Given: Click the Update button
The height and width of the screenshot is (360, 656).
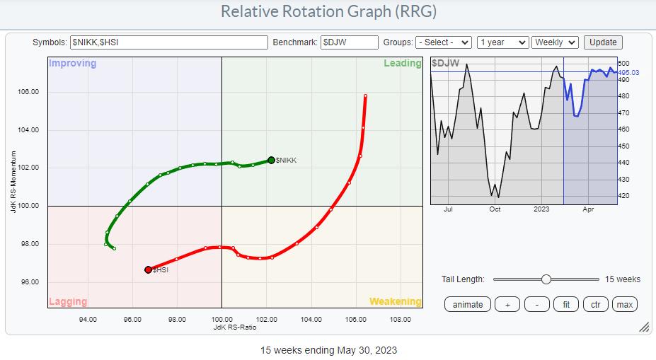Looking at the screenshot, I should [x=603, y=42].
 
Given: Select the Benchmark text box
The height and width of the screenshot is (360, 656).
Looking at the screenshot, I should [x=349, y=42].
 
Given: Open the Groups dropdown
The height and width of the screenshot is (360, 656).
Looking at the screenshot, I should [x=444, y=42].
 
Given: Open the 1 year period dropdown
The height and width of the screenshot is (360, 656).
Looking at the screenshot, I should [x=502, y=42].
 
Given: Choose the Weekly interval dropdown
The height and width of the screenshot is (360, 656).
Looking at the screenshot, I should [x=555, y=42].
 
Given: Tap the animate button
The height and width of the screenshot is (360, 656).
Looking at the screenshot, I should [x=468, y=304].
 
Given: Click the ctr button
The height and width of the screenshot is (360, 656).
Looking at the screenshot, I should [x=596, y=304].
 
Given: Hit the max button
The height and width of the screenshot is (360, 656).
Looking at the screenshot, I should [x=624, y=304].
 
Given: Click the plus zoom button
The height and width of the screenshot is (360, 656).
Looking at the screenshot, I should [x=507, y=304].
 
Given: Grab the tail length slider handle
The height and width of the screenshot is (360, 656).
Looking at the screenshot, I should [x=546, y=279].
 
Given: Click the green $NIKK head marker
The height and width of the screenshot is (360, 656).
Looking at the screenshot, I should [x=271, y=161].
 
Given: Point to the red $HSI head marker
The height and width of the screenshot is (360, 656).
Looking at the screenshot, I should [x=148, y=269].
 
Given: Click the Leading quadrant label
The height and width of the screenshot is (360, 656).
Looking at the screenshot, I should [x=402, y=64].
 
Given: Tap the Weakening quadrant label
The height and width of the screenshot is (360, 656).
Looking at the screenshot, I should [x=395, y=301].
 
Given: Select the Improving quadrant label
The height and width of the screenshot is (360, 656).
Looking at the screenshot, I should [x=72, y=64].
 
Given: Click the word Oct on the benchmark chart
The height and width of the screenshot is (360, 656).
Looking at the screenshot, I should [x=495, y=209].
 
